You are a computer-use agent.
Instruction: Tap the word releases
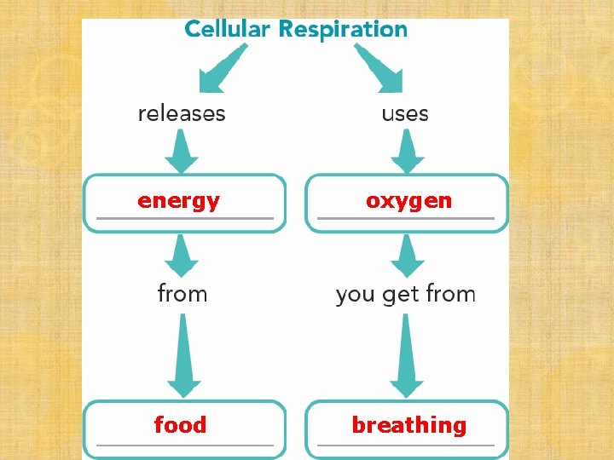182,113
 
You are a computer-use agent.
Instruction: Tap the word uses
405,113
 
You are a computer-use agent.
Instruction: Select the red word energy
179,201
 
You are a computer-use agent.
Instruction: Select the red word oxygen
408,201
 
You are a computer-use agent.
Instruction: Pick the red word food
180,424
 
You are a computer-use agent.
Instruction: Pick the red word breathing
409,424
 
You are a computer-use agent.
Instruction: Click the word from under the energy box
182,294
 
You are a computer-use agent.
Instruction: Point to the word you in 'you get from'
356,295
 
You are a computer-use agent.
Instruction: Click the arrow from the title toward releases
221,69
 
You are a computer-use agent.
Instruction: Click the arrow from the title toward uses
379,69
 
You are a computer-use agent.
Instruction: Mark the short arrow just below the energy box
181,255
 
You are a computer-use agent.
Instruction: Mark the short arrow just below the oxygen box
408,255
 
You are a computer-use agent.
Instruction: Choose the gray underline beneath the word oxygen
406,219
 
